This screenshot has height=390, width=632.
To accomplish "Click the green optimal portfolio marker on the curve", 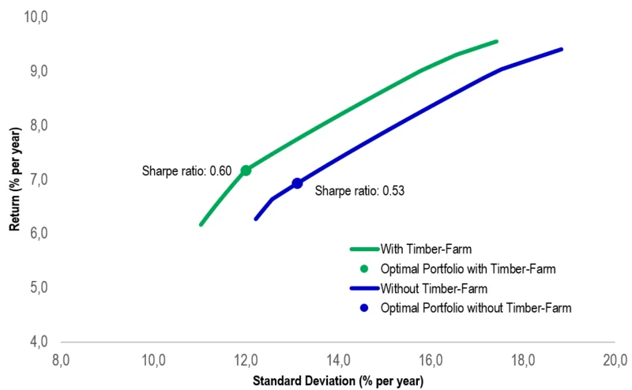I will [x=246, y=171].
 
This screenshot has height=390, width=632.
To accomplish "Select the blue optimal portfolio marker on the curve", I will [x=297, y=183].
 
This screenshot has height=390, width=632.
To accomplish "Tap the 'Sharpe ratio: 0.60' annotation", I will [x=186, y=171].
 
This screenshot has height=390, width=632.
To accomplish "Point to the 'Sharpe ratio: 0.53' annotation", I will [x=359, y=190].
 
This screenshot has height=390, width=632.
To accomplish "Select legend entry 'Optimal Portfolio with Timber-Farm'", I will [x=468, y=268].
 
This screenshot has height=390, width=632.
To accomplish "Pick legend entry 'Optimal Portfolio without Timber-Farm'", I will [x=475, y=307].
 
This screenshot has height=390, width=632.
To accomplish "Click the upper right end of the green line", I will [x=496, y=41].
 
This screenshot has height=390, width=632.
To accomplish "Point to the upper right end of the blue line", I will [x=561, y=49].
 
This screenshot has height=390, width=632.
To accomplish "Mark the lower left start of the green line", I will [x=201, y=224].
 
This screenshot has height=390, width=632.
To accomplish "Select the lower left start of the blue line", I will [x=255, y=219].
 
